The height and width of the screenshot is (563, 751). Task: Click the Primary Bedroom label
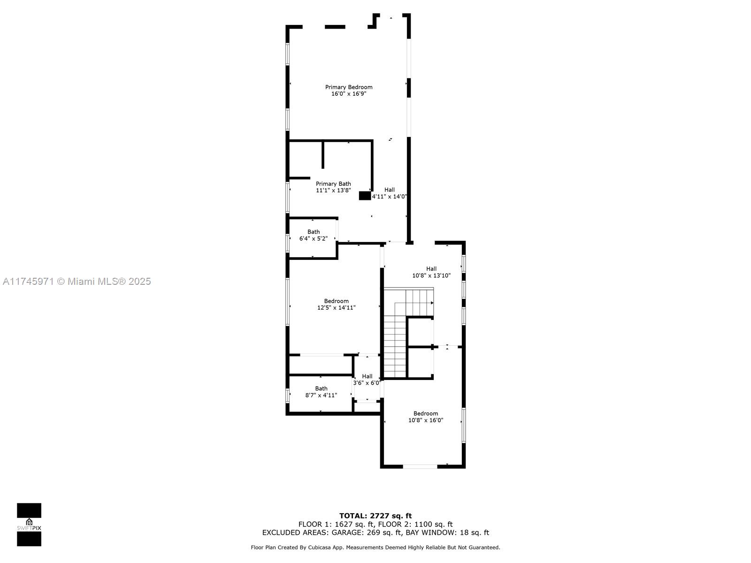click(349, 87)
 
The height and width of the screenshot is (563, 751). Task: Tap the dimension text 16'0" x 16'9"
click(349, 94)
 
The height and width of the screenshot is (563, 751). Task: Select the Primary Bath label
click(333, 184)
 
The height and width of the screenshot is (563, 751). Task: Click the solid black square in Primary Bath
click(365, 196)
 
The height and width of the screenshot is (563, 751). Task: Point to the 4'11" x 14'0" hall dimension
click(390, 197)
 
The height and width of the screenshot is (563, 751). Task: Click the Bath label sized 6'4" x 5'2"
click(314, 232)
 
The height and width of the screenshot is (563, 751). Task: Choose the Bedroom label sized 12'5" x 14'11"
click(336, 301)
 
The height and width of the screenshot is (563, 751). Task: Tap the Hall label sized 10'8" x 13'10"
click(431, 269)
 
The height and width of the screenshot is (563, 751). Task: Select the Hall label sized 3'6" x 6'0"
click(367, 376)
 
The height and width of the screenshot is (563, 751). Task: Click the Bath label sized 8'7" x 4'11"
click(321, 388)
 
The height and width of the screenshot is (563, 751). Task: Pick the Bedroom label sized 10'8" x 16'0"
click(425, 413)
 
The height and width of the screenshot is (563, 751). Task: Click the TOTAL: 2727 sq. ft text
click(375, 516)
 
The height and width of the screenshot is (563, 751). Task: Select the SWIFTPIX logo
click(29, 525)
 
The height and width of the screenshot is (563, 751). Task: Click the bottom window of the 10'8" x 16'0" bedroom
click(420, 466)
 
